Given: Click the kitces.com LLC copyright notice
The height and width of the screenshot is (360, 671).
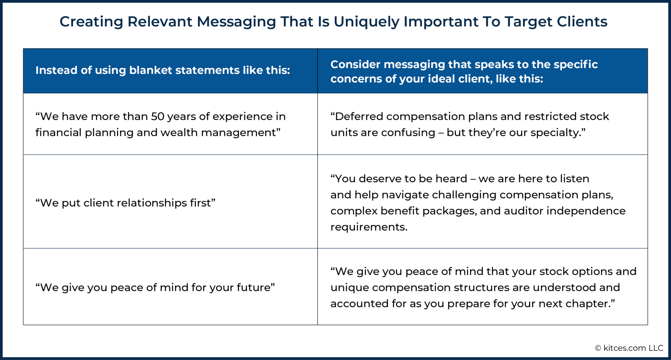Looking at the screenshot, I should (629, 348).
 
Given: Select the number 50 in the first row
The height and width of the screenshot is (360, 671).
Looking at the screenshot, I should (157, 116).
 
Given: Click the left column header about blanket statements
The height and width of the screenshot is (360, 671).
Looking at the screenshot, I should (163, 70).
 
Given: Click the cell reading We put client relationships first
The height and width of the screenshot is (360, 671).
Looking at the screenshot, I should (125, 203).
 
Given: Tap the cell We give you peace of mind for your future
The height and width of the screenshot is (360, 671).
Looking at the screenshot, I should (155, 287).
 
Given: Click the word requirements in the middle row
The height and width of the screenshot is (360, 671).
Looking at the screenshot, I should (368, 227).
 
